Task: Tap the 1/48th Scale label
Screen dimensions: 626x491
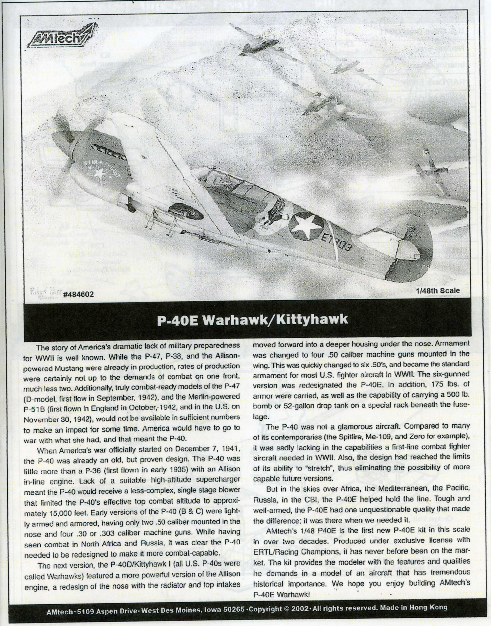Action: pos(438,291)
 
